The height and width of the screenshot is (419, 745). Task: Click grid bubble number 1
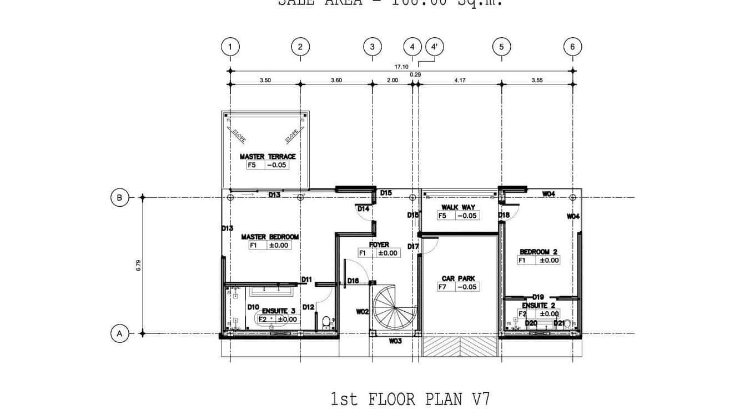point(230,47)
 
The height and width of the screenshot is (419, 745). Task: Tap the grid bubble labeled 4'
point(435,47)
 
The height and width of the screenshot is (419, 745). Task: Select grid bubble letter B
point(119,197)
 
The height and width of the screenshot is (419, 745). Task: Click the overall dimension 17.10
point(401,67)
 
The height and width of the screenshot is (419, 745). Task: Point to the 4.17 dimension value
point(460,80)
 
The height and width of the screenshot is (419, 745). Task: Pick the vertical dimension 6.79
point(139,266)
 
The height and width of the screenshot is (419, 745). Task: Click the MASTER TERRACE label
point(268,157)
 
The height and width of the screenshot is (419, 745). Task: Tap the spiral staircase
point(393,308)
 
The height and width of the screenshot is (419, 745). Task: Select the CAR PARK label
point(458,278)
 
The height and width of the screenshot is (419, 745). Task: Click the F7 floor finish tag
point(442,287)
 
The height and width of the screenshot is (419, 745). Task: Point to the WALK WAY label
point(458,207)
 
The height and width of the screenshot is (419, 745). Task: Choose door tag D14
point(364,209)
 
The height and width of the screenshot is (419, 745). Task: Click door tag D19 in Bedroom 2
point(537,297)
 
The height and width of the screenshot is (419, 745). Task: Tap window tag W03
point(395,341)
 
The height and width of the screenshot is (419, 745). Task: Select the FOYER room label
point(379,245)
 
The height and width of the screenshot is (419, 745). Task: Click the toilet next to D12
point(326,321)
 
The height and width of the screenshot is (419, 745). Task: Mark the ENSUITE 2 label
point(538,305)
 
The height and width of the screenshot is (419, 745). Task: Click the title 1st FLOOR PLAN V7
point(410,399)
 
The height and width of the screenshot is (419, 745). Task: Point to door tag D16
point(353,281)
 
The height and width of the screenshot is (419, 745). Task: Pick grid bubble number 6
point(572,47)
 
